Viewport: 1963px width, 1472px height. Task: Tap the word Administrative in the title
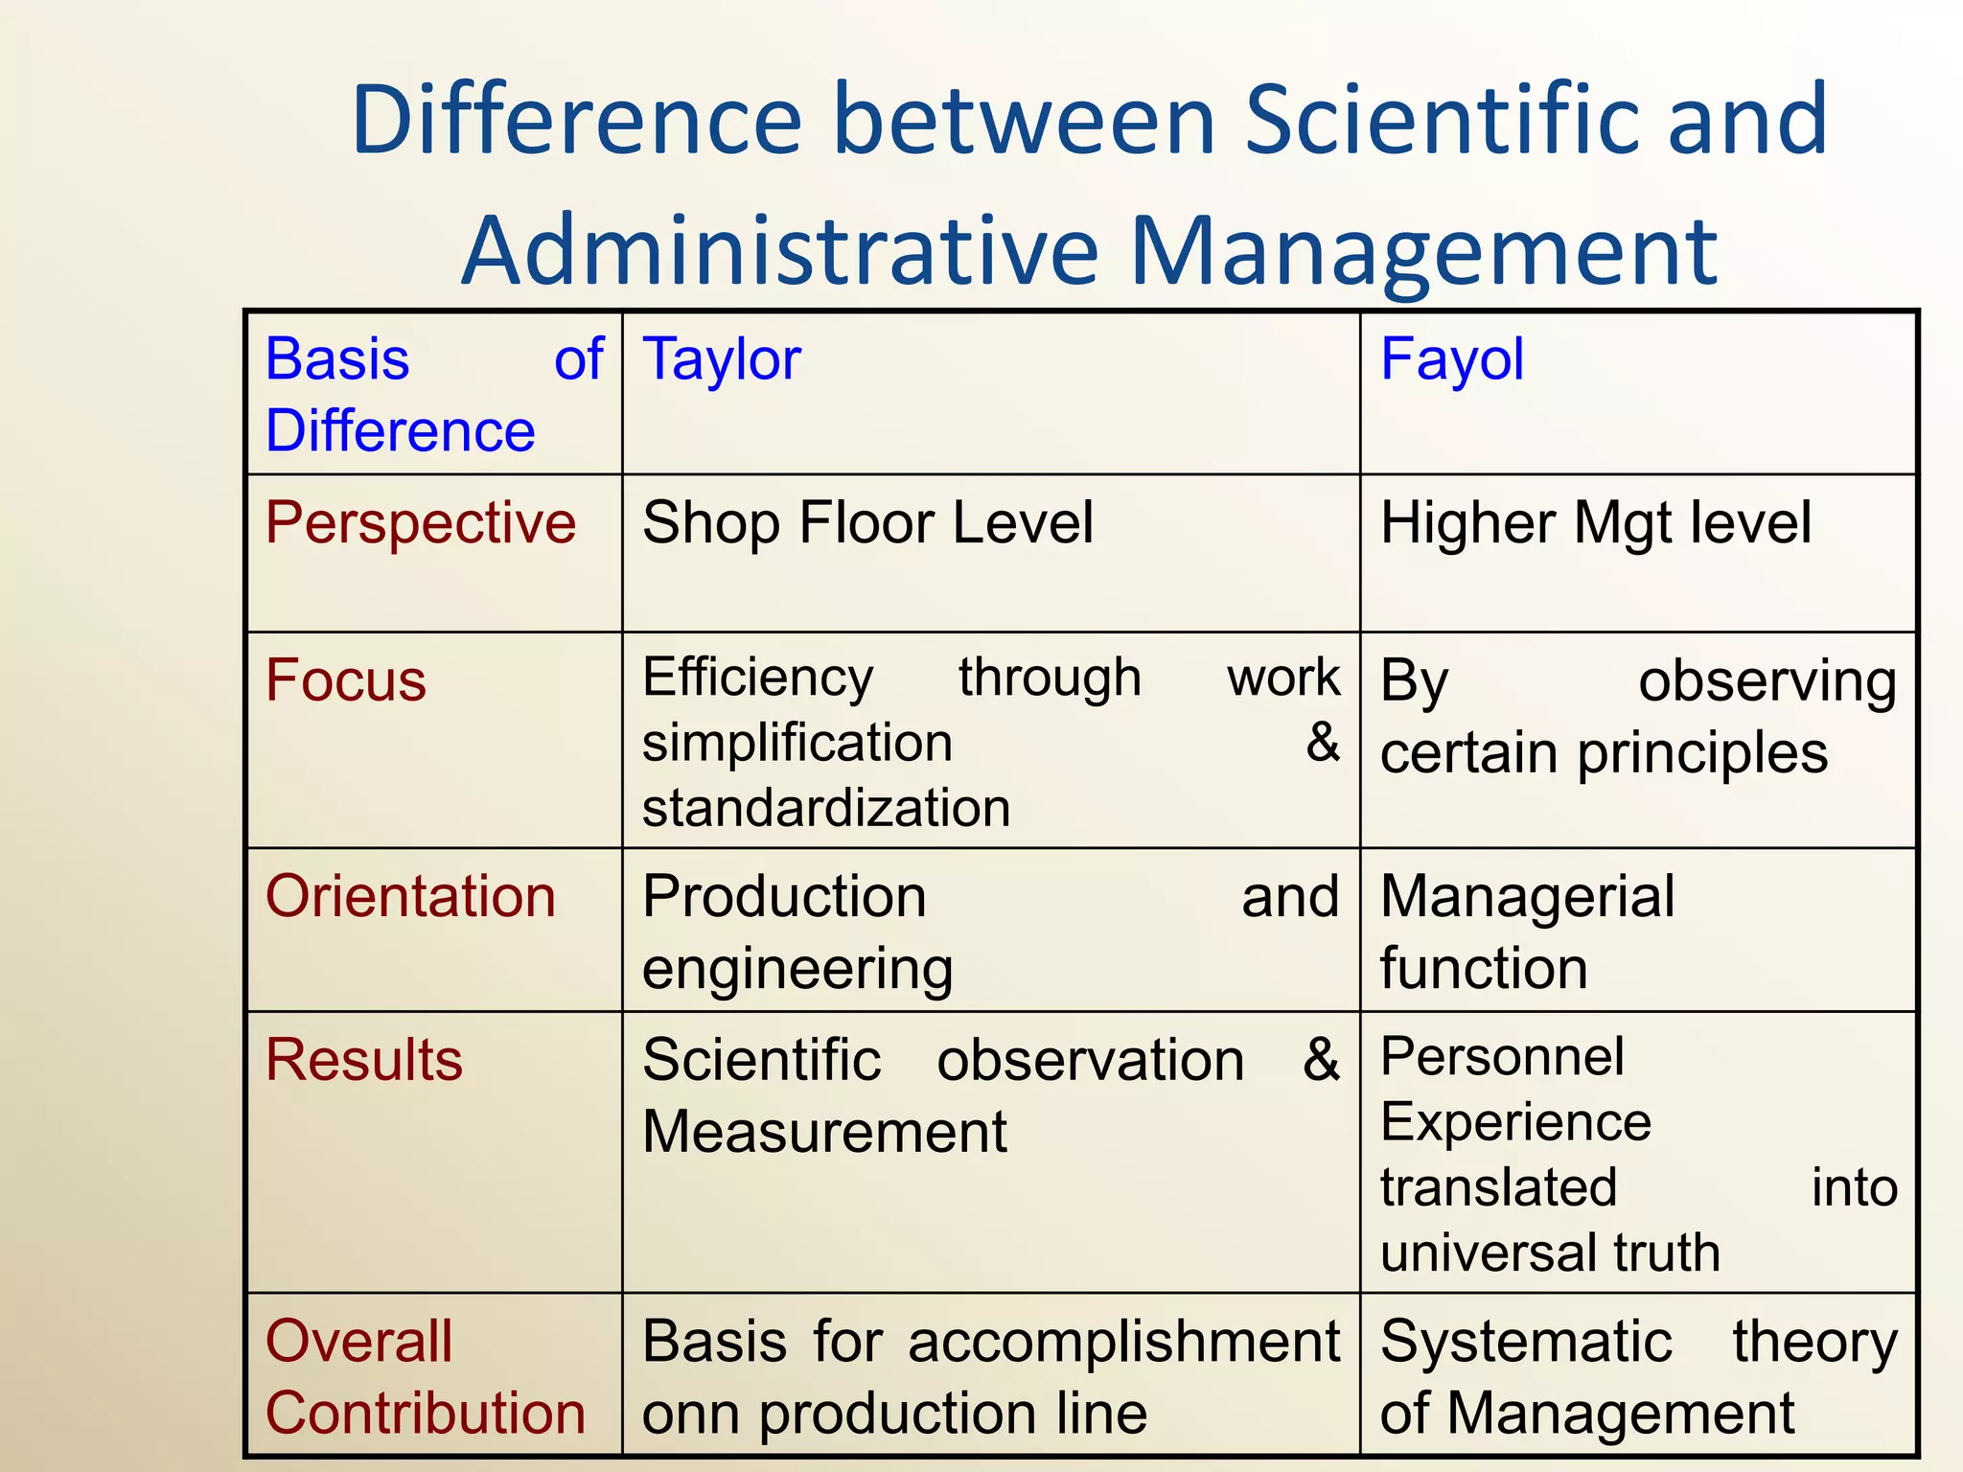(780, 251)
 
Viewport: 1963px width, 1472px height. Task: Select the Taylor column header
(722, 359)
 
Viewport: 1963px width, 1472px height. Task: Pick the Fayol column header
(1451, 359)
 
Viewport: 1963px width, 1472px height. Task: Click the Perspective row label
(421, 523)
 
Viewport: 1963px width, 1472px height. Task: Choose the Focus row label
(346, 680)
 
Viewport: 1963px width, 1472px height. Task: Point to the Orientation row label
(410, 897)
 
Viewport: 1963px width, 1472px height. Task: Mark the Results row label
(364, 1060)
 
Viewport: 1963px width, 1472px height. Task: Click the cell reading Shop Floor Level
(867, 523)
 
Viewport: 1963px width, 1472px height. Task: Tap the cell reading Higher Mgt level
(1595, 523)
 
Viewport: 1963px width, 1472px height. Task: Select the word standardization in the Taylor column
(826, 807)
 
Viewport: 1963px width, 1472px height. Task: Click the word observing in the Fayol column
(1767, 682)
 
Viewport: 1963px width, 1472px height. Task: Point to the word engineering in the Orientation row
(797, 969)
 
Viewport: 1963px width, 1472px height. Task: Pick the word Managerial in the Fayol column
(1528, 897)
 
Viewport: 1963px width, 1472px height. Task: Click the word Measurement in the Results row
(824, 1132)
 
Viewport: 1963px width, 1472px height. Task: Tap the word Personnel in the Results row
(1502, 1056)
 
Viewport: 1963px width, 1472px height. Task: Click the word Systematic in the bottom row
(1526, 1342)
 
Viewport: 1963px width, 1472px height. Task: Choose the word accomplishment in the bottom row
(1123, 1342)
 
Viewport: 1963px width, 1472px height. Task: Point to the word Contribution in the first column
(426, 1414)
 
